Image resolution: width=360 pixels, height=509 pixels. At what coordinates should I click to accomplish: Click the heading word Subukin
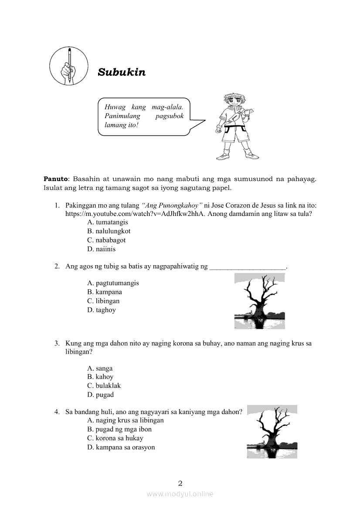(122, 72)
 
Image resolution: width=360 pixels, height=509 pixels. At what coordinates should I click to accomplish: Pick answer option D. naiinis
(101, 249)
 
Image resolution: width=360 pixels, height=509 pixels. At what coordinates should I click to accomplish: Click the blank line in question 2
(248, 266)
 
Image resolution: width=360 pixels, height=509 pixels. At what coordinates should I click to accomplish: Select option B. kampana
(105, 292)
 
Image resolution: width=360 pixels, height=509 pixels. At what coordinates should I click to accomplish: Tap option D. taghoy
(102, 310)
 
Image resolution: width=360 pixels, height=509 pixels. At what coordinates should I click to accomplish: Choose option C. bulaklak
(104, 386)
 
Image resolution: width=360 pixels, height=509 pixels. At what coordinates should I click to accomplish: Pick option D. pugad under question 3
(100, 395)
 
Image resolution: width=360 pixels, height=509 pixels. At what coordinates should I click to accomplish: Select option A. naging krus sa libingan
(126, 420)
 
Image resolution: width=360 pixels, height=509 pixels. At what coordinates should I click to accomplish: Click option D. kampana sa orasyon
(121, 447)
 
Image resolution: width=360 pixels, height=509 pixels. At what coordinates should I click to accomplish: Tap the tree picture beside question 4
(272, 431)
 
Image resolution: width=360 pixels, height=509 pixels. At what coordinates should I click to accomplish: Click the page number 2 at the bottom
(180, 483)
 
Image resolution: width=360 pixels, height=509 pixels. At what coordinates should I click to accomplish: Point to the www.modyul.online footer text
(180, 494)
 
